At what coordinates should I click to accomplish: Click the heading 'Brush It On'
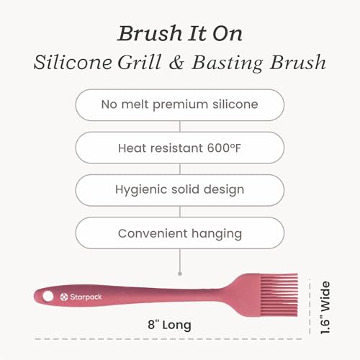(180, 33)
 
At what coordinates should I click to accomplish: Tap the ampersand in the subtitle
(176, 63)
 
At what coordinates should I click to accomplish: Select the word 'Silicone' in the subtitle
(73, 62)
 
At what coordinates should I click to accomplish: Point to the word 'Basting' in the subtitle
(227, 63)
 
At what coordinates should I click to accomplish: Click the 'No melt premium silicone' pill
(180, 105)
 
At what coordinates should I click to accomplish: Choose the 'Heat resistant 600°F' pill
(180, 148)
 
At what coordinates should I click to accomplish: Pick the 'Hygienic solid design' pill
(180, 190)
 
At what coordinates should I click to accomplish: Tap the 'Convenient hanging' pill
(180, 233)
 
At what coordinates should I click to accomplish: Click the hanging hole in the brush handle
(48, 297)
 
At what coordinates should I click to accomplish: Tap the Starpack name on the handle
(86, 297)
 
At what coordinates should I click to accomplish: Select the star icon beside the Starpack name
(64, 297)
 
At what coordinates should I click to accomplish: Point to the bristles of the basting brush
(279, 294)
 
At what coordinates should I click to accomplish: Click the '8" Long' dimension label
(169, 325)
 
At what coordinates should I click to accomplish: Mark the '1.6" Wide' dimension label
(325, 307)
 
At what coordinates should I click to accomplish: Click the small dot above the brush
(180, 274)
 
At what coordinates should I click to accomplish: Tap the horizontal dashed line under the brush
(168, 339)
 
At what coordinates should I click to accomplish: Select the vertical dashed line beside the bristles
(310, 306)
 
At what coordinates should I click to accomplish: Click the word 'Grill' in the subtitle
(140, 62)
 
